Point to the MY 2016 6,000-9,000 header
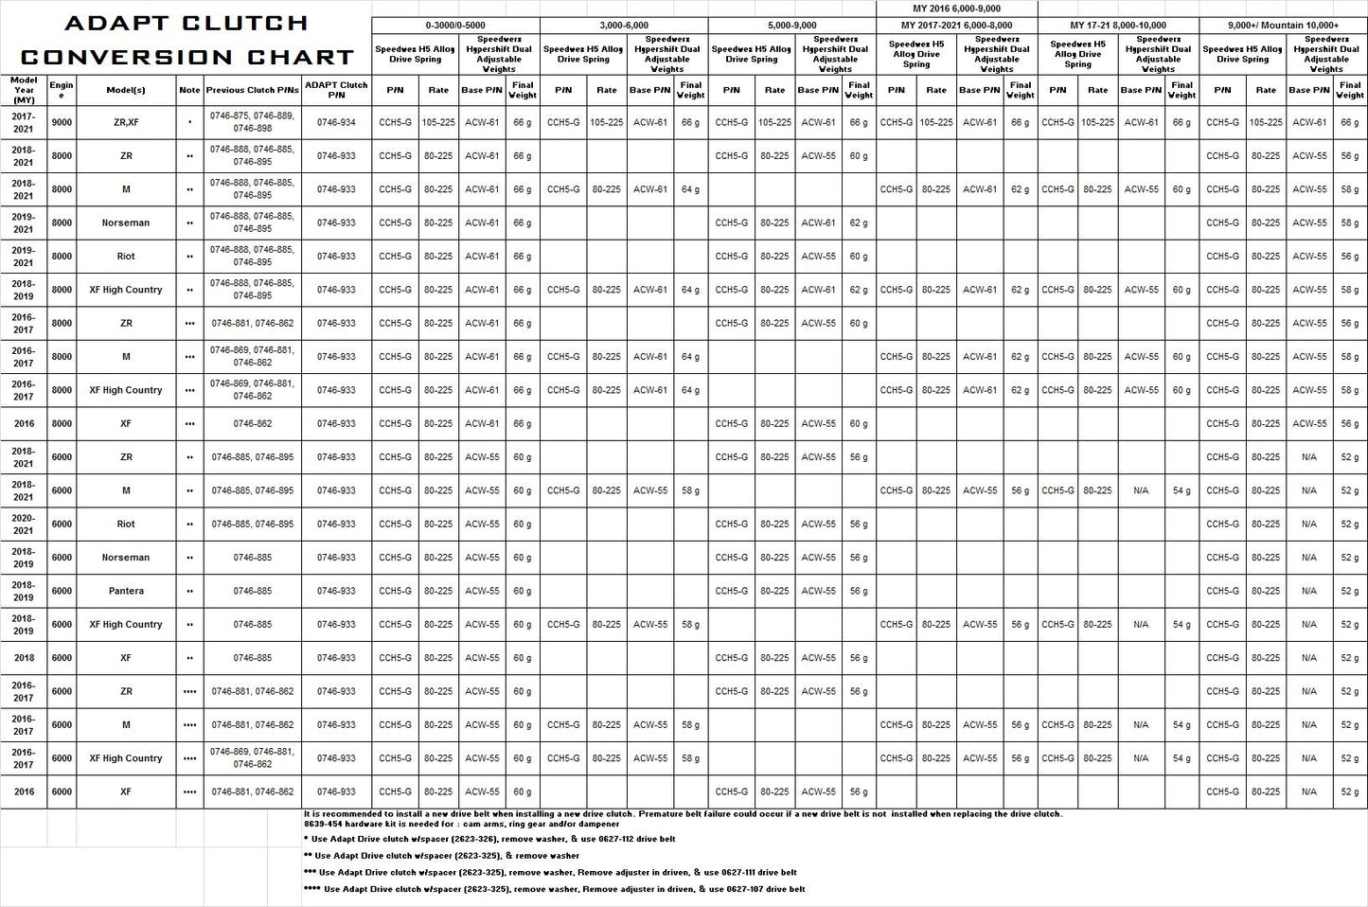[956, 9]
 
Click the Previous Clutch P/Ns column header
[252, 90]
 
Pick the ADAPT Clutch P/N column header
[336, 90]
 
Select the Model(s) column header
[126, 90]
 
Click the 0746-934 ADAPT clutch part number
[336, 122]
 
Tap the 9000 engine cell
[62, 122]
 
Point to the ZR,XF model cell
[126, 122]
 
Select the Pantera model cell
[126, 591]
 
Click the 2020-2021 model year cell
[24, 524]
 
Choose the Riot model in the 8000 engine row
[126, 257]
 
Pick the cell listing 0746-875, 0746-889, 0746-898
[252, 122]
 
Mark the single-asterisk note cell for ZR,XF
[189, 122]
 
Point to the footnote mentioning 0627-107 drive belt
[564, 889]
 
